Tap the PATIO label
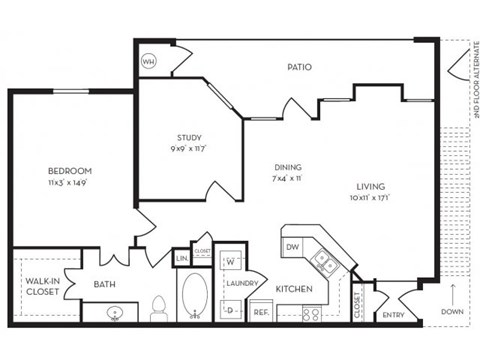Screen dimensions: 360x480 300,67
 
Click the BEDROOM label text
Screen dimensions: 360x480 70,171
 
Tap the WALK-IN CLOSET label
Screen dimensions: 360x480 40,287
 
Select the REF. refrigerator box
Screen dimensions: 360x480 261,312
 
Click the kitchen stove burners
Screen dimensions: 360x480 311,313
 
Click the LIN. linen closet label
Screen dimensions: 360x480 183,259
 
